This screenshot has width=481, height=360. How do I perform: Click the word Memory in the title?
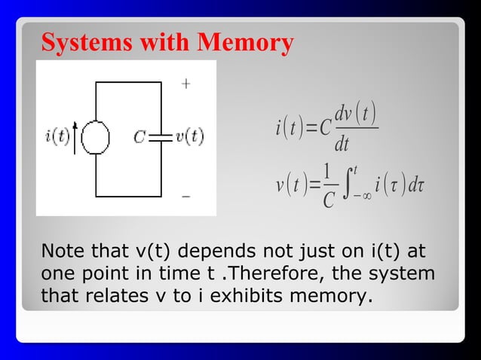coord(246,44)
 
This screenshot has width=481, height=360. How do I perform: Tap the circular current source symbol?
coord(96,138)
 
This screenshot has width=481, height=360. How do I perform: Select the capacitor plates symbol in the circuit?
coord(161,137)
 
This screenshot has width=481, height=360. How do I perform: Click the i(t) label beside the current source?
coord(58,137)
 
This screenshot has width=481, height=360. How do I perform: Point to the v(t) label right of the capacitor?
coord(189,137)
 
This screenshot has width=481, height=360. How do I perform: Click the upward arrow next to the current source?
coord(75,140)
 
